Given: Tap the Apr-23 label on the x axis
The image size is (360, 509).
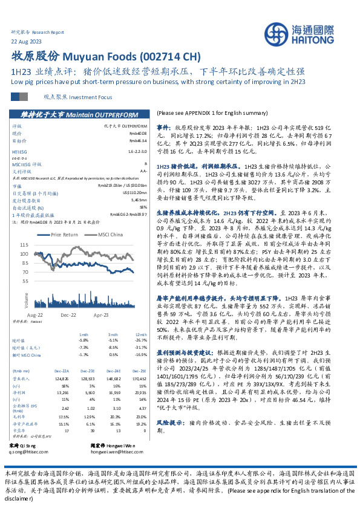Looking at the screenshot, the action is pyautogui.click(x=100, y=315).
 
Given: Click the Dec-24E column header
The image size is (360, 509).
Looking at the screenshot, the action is pyautogui.click(x=118, y=371).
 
